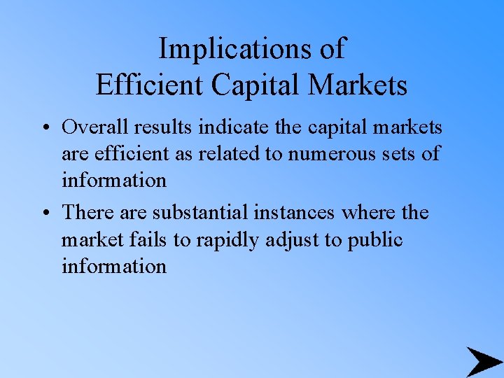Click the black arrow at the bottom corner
pyautogui.click(x=483, y=361)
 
